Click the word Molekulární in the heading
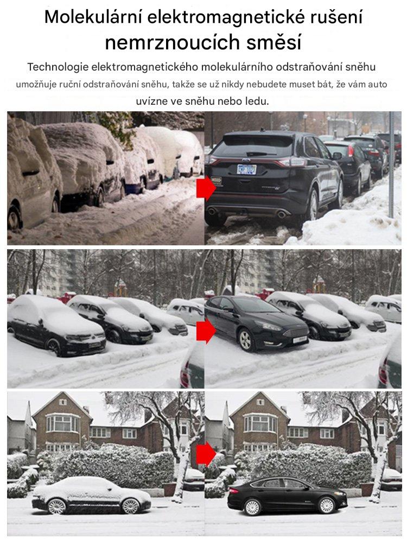click(93, 17)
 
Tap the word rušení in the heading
click(336, 17)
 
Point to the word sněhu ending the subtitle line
click(360, 67)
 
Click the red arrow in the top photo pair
click(206, 188)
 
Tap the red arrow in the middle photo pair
click(206, 331)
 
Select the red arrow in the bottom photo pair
click(206, 454)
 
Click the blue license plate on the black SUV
click(246, 169)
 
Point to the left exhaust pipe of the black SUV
click(212, 211)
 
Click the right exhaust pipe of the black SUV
click(282, 214)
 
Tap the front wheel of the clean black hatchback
click(246, 340)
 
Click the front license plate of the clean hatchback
click(300, 339)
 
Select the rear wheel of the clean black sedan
click(252, 506)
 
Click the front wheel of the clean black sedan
click(326, 505)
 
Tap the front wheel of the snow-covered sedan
click(131, 505)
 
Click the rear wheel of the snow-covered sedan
click(57, 506)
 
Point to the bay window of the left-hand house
click(63, 423)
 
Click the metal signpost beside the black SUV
click(391, 164)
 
